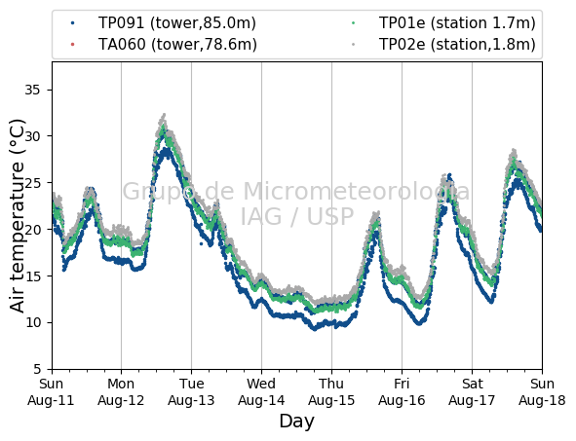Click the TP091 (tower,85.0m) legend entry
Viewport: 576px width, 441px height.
coord(177,23)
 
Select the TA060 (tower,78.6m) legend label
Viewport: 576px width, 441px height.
coord(177,45)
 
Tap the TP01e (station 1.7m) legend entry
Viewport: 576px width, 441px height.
coord(457,23)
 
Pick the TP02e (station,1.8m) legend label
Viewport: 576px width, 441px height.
coord(457,45)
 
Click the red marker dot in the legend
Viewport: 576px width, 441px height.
coord(73,45)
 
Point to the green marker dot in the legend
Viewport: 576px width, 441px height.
coord(354,23)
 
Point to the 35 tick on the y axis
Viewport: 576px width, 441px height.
coord(32,90)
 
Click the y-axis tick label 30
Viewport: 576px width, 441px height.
coord(32,136)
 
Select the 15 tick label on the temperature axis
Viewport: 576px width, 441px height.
coord(32,276)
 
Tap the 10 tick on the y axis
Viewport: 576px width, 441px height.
coord(32,322)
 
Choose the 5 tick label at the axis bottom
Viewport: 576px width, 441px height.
coord(37,369)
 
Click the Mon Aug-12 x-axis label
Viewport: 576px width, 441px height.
coord(121,391)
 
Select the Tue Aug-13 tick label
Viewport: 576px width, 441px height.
coord(191,391)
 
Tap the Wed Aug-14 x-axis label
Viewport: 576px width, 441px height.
coord(261,391)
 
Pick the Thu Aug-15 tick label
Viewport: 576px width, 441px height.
coord(331,391)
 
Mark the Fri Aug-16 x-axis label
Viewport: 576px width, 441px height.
coord(402,391)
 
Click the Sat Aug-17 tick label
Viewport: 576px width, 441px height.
coord(472,391)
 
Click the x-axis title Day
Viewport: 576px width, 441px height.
coord(297,422)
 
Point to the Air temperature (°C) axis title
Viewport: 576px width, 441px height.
coord(17,216)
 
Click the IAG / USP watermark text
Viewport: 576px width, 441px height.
coord(297,216)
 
